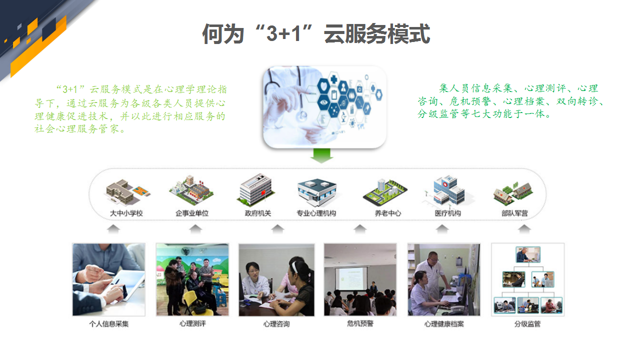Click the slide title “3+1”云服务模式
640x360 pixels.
point(316,34)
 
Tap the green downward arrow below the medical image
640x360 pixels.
point(322,155)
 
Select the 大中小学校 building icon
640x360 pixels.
point(127,191)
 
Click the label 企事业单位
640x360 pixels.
point(191,213)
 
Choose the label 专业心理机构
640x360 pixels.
point(316,213)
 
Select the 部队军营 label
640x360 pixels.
point(514,213)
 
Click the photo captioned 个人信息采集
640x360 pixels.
point(108,279)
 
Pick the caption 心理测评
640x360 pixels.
point(192,323)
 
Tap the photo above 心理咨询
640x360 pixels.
point(276,279)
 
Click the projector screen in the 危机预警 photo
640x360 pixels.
point(351,278)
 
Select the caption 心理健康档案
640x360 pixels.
point(444,324)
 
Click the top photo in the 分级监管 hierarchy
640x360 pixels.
point(528,254)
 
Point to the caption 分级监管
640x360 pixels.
point(527,324)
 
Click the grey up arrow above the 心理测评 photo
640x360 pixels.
point(195,229)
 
